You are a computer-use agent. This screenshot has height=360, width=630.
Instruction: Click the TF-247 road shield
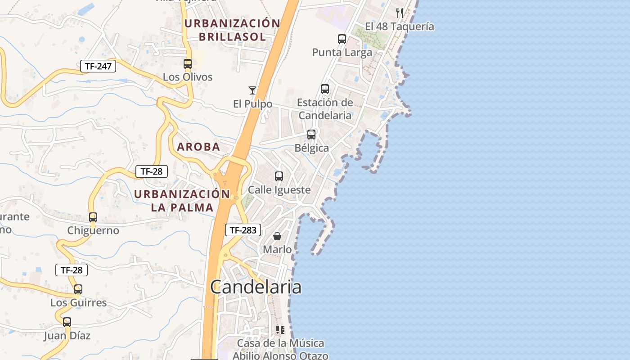98,66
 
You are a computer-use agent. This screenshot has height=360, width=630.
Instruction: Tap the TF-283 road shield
243,230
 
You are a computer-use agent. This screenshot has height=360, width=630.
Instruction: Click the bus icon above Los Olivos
188,64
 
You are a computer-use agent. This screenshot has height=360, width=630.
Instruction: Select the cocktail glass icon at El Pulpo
252,90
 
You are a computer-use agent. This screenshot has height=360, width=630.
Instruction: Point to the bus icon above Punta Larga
342,39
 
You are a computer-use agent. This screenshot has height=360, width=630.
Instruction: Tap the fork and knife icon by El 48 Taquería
400,13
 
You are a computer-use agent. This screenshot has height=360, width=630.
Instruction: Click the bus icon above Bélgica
311,134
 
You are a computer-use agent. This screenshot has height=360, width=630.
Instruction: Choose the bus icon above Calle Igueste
279,176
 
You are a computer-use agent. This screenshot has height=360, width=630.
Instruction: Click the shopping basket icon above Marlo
277,236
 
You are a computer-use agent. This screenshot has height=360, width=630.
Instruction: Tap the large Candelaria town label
256,287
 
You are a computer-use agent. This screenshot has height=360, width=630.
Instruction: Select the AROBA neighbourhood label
198,147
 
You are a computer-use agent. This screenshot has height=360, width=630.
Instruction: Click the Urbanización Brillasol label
233,30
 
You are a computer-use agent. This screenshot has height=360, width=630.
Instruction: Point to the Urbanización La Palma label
182,201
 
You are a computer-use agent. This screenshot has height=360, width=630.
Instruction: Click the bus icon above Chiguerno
93,217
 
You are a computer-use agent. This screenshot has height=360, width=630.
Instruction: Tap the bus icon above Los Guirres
78,289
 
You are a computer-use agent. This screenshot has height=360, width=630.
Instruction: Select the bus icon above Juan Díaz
67,322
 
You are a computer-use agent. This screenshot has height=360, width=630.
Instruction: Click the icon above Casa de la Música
280,330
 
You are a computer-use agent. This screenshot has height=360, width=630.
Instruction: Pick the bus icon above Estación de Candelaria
325,89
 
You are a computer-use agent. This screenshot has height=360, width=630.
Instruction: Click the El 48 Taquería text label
400,27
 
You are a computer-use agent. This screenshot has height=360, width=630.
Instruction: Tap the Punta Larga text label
342,53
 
